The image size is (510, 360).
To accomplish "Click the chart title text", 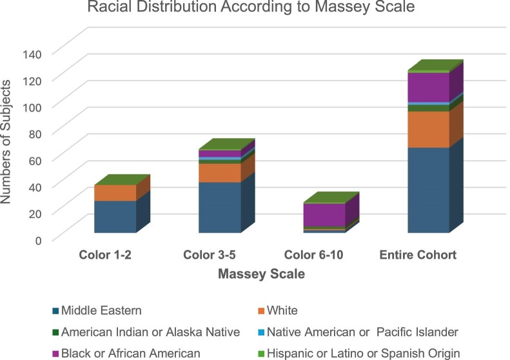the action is [251, 6].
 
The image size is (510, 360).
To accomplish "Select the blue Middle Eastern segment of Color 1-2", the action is [115, 217].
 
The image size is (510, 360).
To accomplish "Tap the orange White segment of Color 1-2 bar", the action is [115, 193].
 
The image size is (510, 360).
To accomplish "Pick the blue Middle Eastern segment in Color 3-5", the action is [220, 208].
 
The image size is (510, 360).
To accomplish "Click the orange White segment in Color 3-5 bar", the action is [220, 173].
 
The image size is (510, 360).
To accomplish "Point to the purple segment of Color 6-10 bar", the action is [324, 215].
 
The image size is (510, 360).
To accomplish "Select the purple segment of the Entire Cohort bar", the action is [428, 87].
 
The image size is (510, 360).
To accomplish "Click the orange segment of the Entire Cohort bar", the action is [428, 130].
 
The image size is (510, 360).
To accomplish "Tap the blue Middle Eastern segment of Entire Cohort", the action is [428, 190].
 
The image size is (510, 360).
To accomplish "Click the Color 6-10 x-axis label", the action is [313, 255].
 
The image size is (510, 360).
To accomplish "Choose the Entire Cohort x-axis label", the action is [418, 255].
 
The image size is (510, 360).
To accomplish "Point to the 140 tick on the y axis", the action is [32, 54].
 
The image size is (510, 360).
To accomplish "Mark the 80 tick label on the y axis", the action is [35, 134].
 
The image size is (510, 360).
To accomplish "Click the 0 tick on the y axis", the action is [39, 241].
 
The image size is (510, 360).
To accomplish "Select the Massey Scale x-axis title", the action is [262, 274].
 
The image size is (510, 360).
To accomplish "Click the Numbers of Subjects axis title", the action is [6, 142].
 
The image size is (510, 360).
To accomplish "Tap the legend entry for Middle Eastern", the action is [97, 310].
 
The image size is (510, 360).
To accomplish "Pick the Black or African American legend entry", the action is [126, 354].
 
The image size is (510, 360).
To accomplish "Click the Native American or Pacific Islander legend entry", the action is [358, 332].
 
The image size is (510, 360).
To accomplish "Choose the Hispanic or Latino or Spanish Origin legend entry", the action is [359, 354].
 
